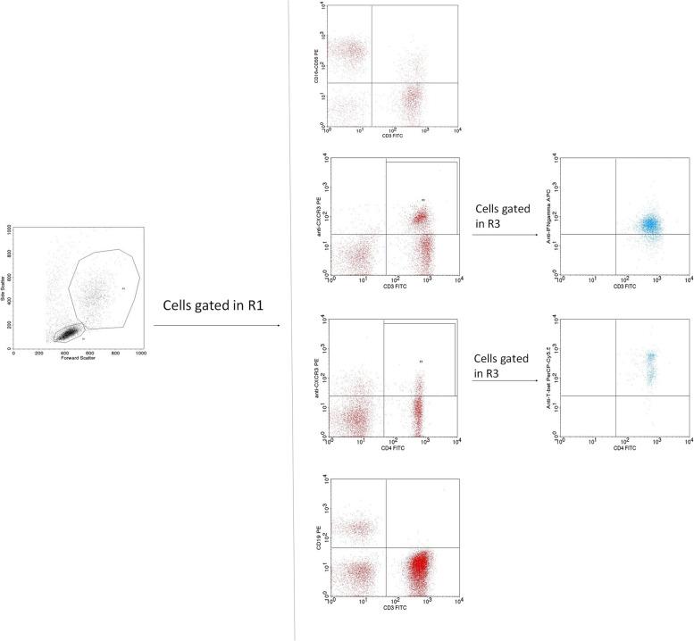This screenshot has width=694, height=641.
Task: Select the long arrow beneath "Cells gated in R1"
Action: pos(216,326)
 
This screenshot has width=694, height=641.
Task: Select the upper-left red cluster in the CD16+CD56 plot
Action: pos(348,50)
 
